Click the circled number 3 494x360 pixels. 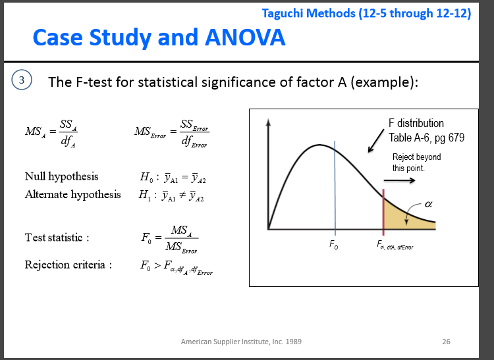[22, 80]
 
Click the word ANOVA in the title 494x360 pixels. [245, 37]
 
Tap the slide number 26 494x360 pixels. [446, 342]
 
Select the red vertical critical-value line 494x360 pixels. [383, 212]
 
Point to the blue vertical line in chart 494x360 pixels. [335, 188]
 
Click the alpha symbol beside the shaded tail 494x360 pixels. [429, 204]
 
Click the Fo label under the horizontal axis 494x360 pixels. [334, 244]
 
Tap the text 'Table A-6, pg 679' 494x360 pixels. [426, 138]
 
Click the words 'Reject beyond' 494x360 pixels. [416, 157]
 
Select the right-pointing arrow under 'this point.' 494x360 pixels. [399, 180]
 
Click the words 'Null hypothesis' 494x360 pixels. [62, 176]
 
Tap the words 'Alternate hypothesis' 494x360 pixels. [72, 194]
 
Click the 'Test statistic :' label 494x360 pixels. [57, 238]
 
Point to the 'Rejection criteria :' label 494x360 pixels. [69, 265]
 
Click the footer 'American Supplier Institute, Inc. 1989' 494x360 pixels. [241, 342]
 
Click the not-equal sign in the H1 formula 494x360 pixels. [182, 195]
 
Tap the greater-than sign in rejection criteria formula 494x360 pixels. [157, 267]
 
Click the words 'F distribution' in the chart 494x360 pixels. [416, 123]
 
